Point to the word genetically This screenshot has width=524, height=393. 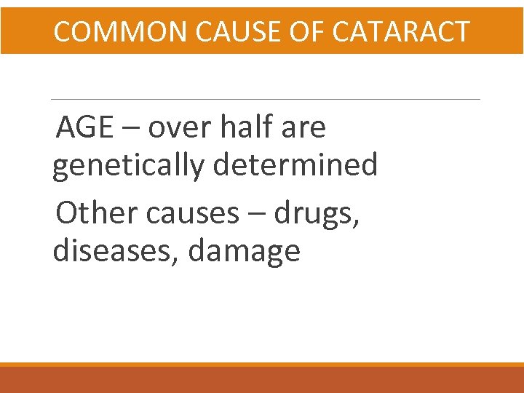tap(129, 166)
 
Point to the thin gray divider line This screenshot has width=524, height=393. tap(266, 99)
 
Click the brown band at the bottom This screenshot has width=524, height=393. tap(262, 380)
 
